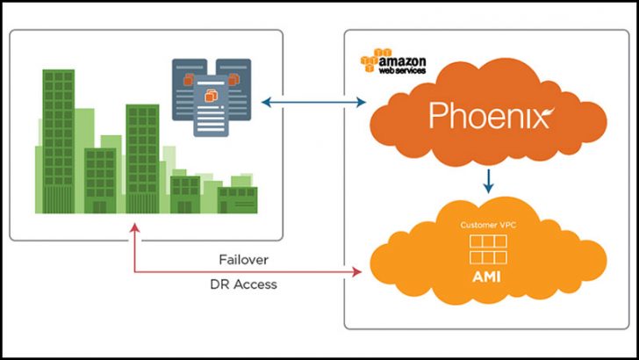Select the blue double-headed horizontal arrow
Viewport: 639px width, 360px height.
coord(312,103)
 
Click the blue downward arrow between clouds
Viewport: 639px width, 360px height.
coord(489,180)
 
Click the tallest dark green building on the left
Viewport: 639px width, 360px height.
coord(59,140)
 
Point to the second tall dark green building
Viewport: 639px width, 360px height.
coord(141,158)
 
